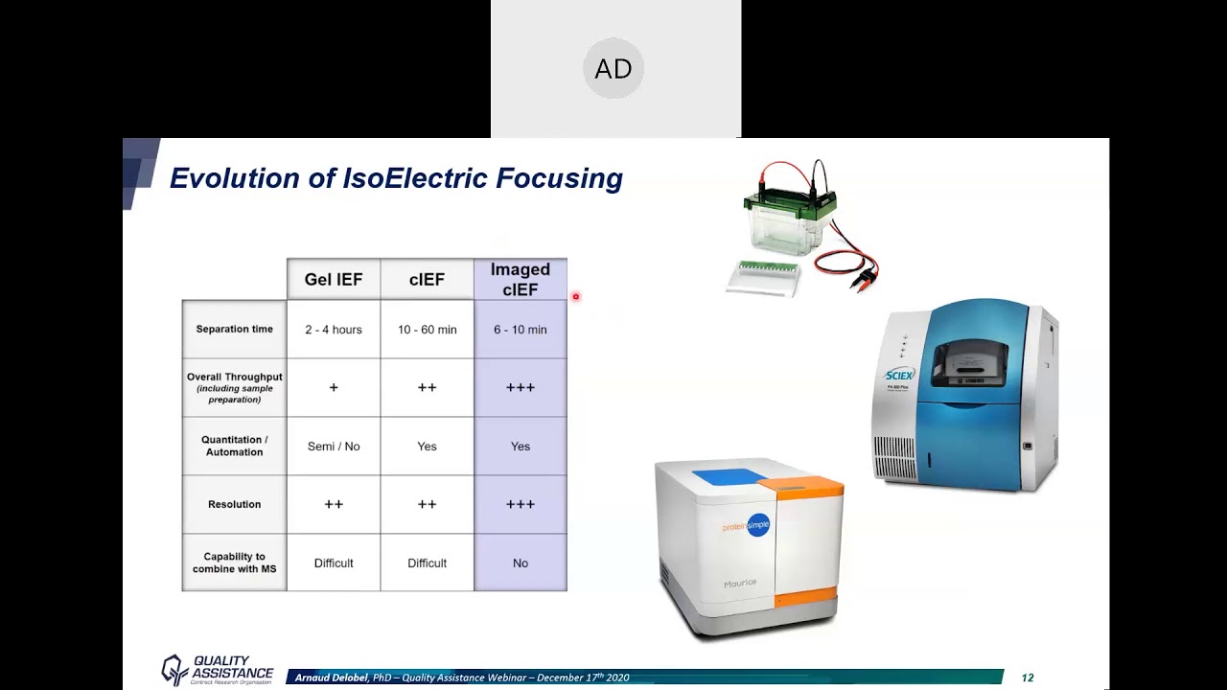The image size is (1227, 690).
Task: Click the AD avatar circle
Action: [613, 69]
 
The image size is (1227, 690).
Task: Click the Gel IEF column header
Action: [334, 280]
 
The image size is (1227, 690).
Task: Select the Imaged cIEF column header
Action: [521, 280]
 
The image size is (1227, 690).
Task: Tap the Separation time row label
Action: [234, 330]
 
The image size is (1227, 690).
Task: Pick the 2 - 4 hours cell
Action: [334, 330]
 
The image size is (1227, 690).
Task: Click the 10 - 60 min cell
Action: [427, 330]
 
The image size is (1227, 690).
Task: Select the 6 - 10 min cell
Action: [521, 330]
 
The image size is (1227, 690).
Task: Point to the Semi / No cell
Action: [334, 447]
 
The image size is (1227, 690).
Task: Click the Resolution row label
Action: [234, 504]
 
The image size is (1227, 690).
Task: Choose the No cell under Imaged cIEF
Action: [521, 563]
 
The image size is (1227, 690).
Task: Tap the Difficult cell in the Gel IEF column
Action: [334, 563]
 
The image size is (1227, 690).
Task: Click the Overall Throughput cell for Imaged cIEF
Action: [521, 388]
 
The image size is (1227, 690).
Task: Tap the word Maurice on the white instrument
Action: [740, 583]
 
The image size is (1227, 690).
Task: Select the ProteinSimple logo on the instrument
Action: [748, 526]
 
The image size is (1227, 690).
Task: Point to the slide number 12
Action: [1028, 678]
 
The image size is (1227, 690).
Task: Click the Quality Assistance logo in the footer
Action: [218, 670]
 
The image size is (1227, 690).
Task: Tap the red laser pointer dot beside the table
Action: [576, 297]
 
